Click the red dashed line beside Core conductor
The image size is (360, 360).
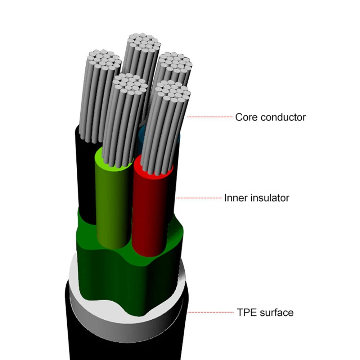coord(210,117)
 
